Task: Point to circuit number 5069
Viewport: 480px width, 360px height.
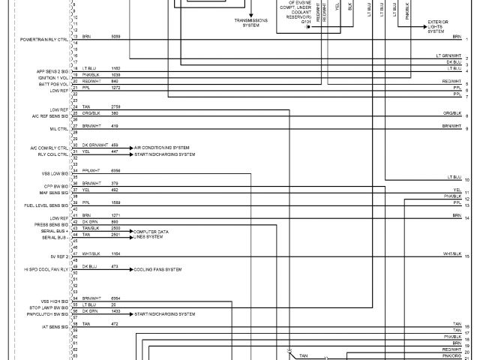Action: coord(115,36)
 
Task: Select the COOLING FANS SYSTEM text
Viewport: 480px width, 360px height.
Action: coord(157,268)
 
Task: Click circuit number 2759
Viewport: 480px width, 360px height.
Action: coord(115,108)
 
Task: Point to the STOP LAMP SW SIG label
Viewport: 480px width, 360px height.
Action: coord(50,307)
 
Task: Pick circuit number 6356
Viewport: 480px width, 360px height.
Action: coord(115,170)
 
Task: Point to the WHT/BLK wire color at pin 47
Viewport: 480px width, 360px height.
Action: coord(91,254)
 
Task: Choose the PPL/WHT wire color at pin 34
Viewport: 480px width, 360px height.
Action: coord(91,170)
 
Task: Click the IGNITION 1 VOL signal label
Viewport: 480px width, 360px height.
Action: coord(52,76)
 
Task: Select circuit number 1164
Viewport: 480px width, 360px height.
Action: coord(115,254)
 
